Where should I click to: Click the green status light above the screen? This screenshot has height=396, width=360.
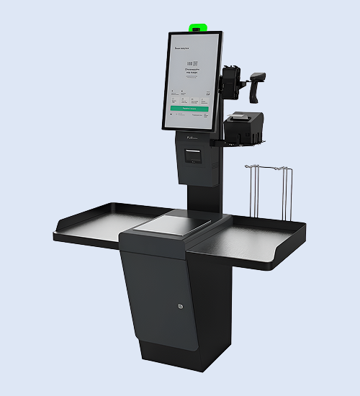pos(197,28)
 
